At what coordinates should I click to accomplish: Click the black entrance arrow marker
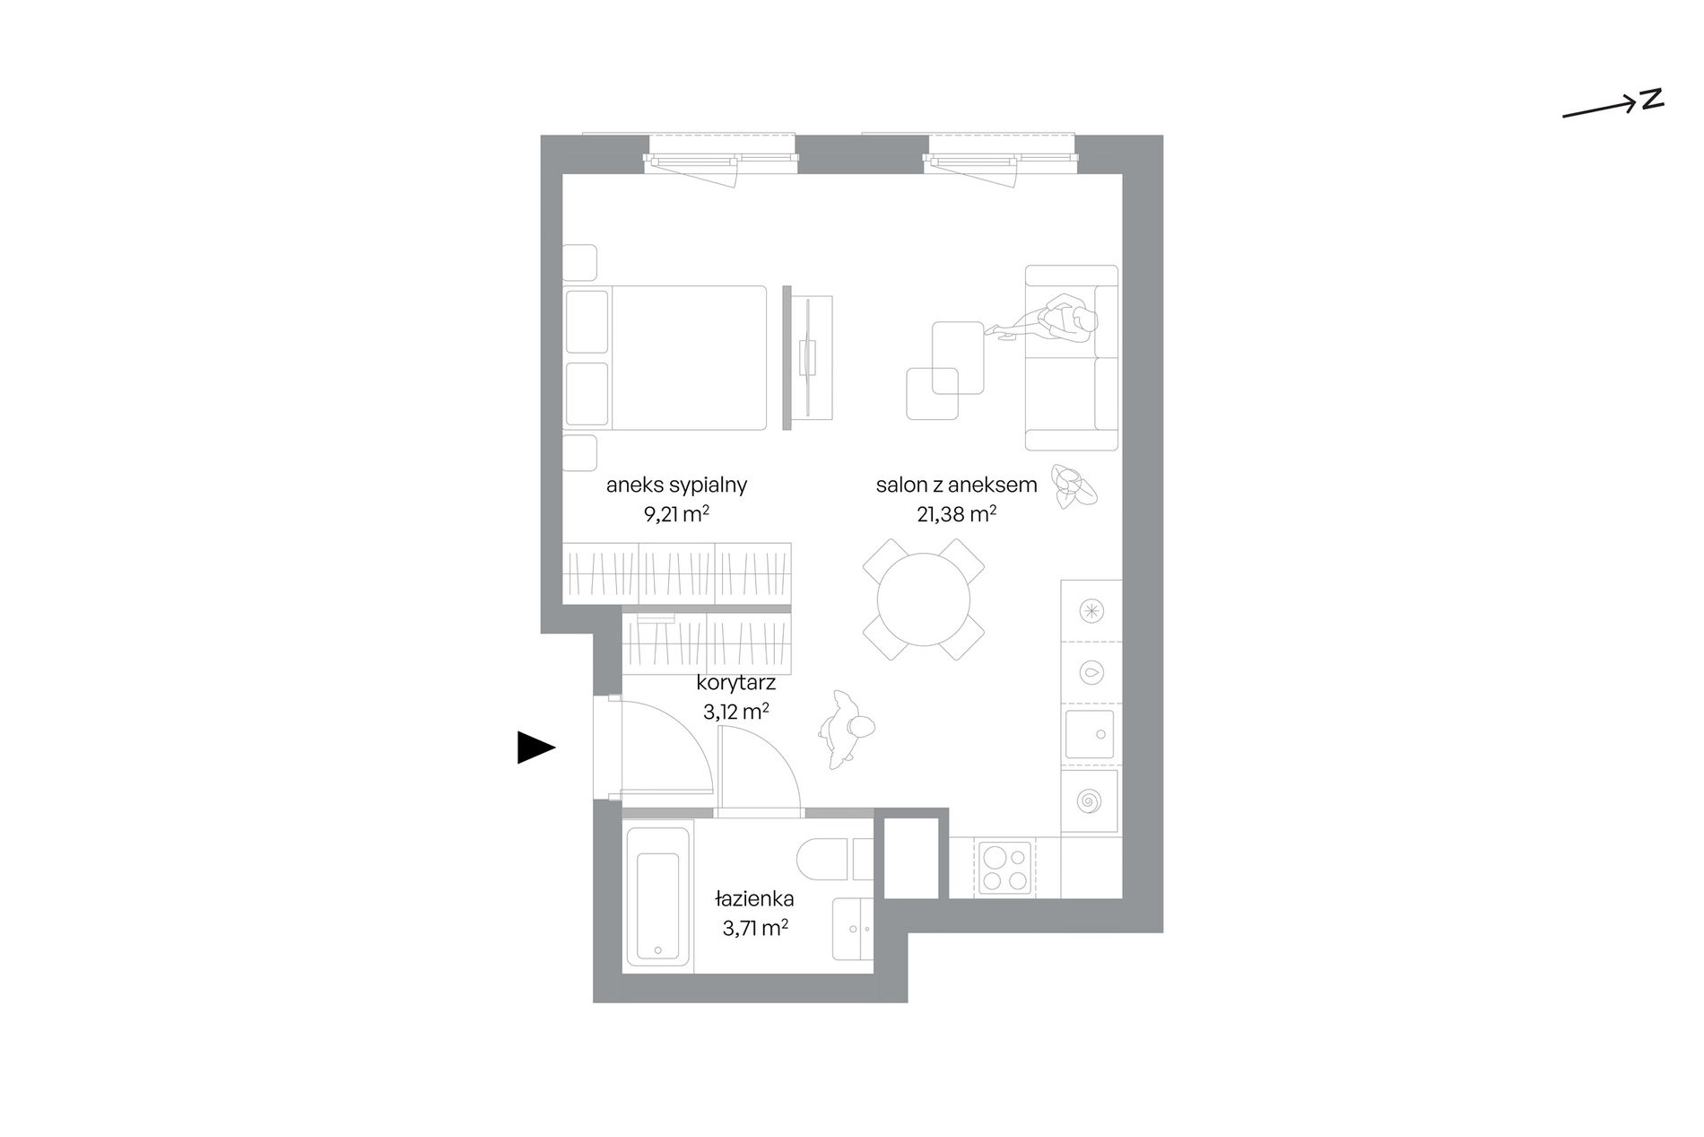point(535,748)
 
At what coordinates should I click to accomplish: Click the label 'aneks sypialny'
point(676,485)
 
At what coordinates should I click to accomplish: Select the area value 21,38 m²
point(956,514)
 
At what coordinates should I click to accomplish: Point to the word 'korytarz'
point(735,683)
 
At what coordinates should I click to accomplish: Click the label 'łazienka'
point(754,898)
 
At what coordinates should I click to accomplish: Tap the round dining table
point(924,599)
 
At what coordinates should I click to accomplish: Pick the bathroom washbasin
point(853,930)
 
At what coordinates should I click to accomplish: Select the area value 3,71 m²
point(755,928)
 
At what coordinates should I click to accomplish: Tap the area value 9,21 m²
point(677,515)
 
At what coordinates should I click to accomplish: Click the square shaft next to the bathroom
point(911,856)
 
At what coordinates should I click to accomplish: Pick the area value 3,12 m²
point(735,713)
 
